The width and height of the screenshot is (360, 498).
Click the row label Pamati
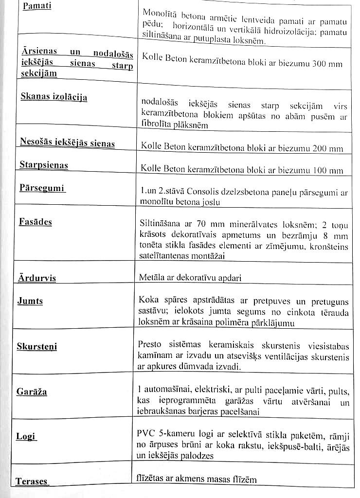36,7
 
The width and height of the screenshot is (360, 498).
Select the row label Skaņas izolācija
54,96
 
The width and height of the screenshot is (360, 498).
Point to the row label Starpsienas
43,165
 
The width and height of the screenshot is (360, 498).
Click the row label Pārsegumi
42,188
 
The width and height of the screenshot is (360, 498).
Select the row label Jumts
30,301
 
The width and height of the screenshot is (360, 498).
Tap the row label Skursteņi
36,346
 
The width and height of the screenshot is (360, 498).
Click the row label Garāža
32,391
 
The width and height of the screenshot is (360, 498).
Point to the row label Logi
26,436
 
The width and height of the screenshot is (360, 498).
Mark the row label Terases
32,481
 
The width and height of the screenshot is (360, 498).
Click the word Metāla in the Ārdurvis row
152,278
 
